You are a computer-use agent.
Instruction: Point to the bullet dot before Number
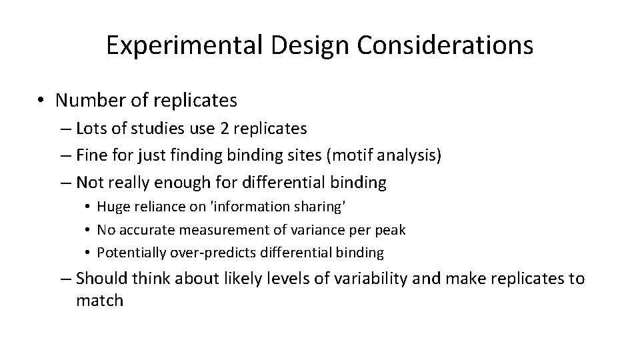tap(41, 101)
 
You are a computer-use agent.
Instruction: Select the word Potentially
tap(128, 253)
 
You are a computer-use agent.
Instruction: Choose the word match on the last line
tap(100, 301)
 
